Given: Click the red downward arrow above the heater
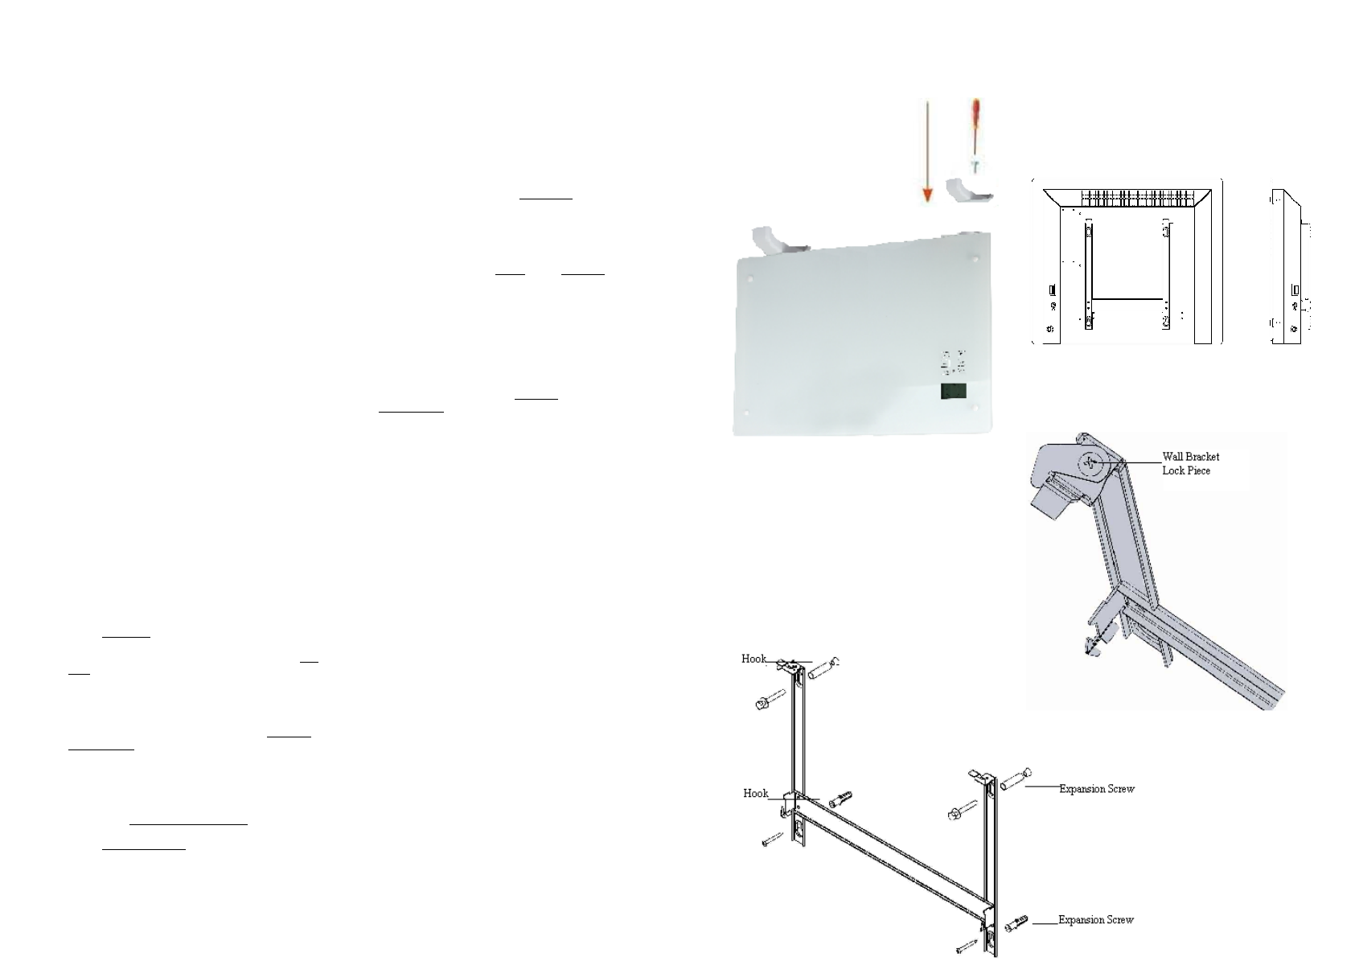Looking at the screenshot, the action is click(927, 153).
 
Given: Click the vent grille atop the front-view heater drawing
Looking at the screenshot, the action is click(1126, 196).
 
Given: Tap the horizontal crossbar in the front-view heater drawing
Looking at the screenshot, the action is click(1126, 299).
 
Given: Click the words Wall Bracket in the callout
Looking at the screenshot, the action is click(1190, 457).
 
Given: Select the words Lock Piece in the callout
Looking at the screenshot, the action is click(1185, 470).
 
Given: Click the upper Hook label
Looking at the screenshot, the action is click(753, 659).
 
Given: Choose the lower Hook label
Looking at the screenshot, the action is click(755, 793).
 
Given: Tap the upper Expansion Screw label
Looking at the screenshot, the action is click(1096, 789).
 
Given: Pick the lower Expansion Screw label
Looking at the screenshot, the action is click(1095, 919).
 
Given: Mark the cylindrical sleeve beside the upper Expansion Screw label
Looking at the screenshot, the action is click(1015, 779).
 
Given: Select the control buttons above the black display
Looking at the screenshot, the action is click(954, 363).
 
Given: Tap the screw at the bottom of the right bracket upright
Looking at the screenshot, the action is click(969, 944).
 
